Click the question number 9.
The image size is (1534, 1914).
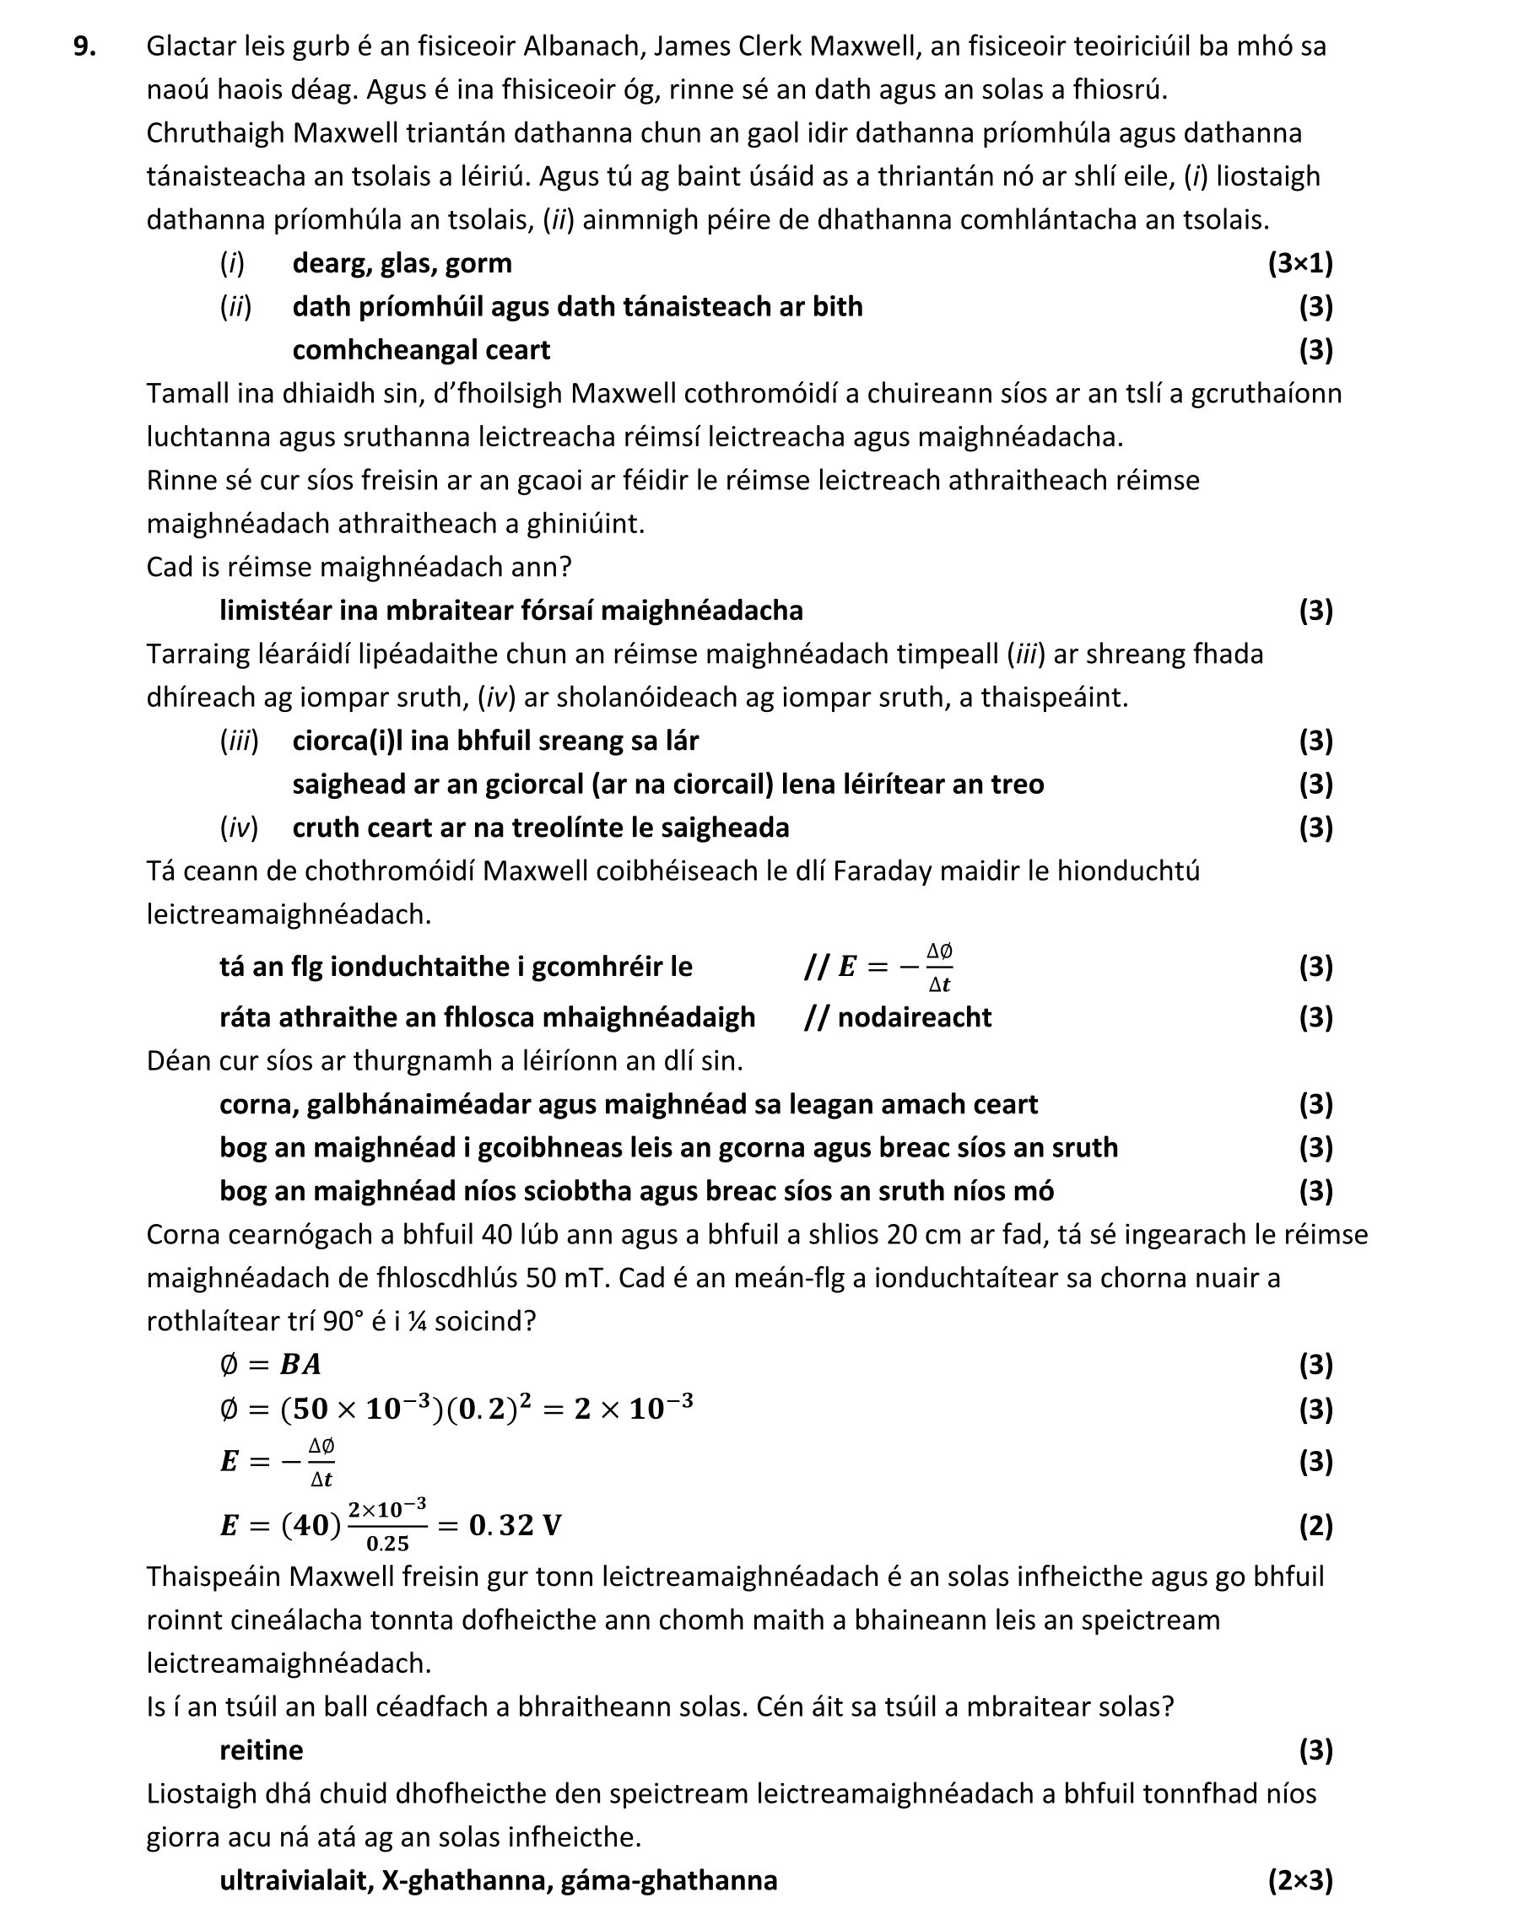tap(84, 46)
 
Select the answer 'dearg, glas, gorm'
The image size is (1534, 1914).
tap(402, 263)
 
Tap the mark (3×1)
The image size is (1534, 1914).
tap(1299, 263)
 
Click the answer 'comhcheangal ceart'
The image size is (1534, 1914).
tap(421, 350)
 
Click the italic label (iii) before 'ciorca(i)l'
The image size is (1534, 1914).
tap(239, 741)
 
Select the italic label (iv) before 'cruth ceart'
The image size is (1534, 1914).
tap(239, 828)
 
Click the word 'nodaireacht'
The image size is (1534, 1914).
tap(914, 1017)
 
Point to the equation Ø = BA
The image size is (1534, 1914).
tap(270, 1365)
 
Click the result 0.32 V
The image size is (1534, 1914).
tap(516, 1525)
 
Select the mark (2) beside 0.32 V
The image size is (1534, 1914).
tap(1315, 1525)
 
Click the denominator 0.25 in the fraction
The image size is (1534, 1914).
tap(387, 1544)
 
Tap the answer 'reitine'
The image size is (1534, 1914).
tap(261, 1750)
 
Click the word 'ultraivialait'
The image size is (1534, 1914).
tap(296, 1880)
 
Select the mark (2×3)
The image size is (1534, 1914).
tap(1299, 1880)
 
